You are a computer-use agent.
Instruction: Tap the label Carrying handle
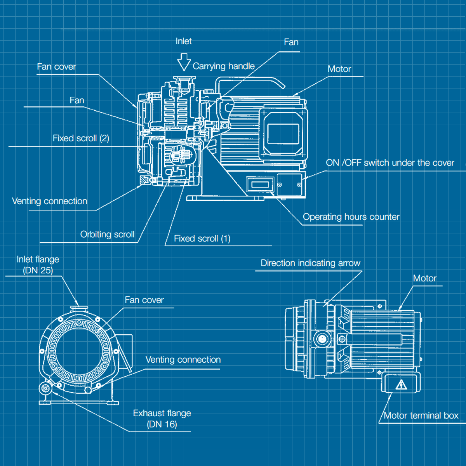click(224, 66)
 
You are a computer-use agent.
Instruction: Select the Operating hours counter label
click(351, 217)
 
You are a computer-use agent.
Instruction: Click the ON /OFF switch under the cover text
click(390, 163)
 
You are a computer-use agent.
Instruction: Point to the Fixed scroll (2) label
click(81, 139)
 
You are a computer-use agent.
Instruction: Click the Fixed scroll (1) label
click(202, 239)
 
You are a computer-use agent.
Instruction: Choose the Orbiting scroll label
click(107, 235)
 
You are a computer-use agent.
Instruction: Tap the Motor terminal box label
click(421, 416)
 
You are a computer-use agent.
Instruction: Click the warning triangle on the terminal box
click(401, 385)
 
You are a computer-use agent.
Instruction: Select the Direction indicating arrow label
click(310, 263)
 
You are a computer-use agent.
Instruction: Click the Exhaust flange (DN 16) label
click(162, 419)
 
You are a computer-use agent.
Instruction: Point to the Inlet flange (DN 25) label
click(38, 265)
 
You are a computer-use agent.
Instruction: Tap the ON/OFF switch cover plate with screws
click(289, 185)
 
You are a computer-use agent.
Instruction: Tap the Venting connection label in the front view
click(183, 360)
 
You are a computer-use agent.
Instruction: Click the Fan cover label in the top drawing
click(56, 67)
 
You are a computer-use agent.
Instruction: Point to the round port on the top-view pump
click(322, 339)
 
